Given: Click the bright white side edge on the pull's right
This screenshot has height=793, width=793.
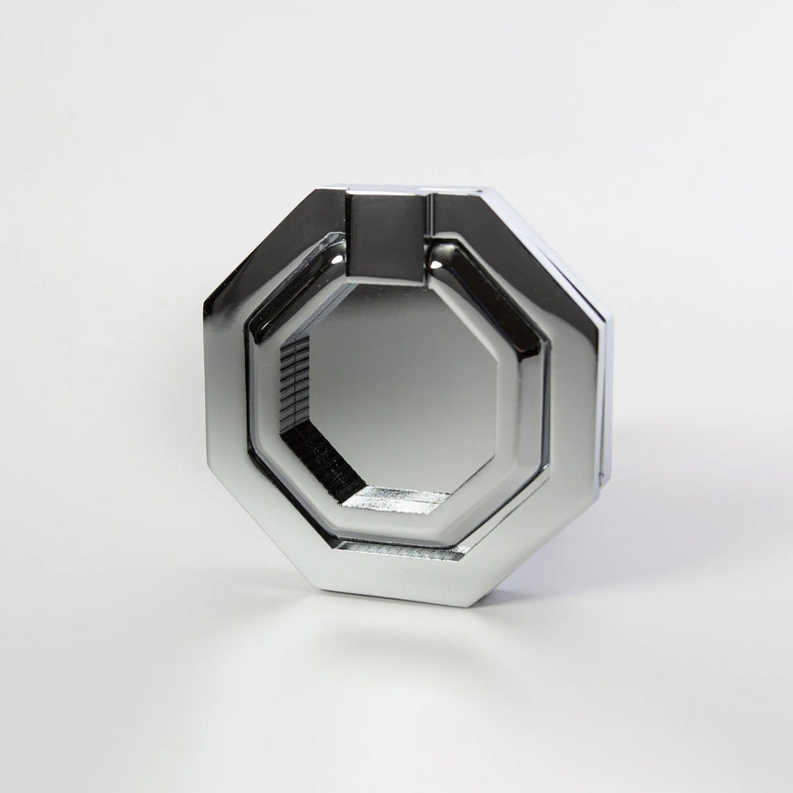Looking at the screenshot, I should tap(606, 396).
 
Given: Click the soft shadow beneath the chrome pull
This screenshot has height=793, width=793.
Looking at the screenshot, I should tap(416, 634).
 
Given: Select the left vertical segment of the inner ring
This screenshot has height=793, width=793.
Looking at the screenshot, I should tap(255, 396).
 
